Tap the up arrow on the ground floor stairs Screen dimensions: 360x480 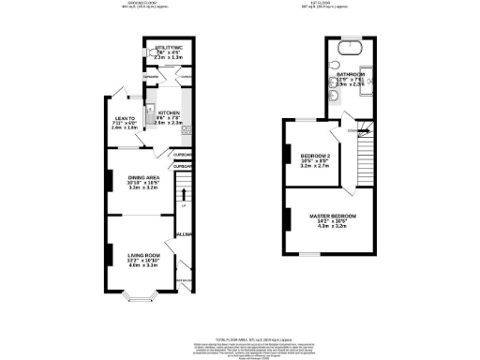coord(185,204)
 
